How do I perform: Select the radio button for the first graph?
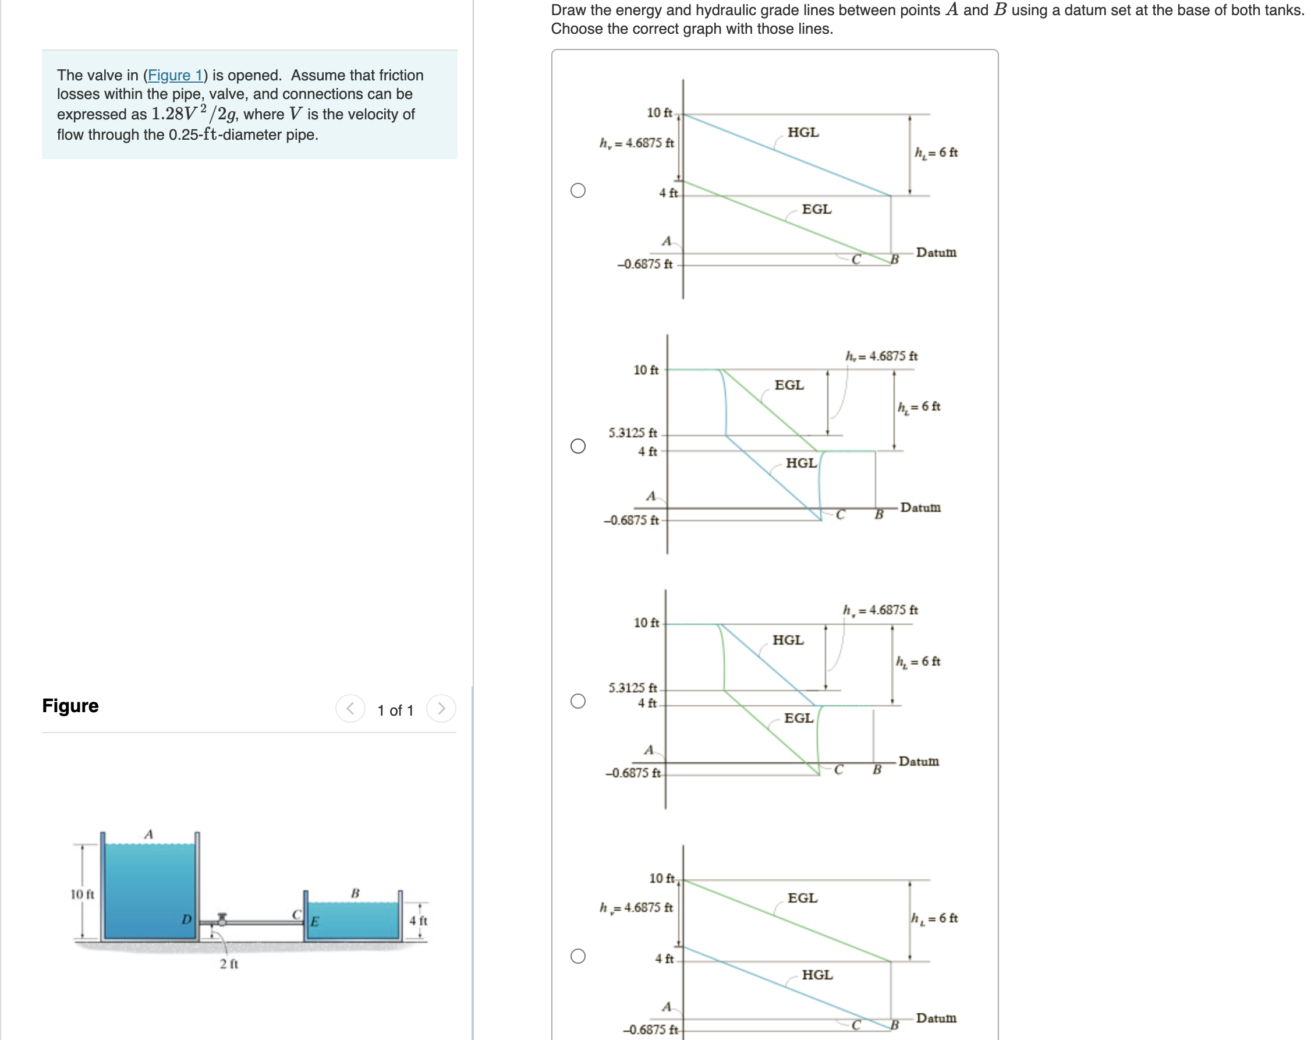pos(577,190)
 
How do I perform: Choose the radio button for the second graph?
pos(577,446)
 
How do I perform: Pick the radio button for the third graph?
pos(577,701)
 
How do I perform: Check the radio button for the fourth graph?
pos(577,956)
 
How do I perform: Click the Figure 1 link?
pos(175,76)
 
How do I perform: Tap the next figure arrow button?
pos(441,709)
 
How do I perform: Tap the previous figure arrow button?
pos(350,709)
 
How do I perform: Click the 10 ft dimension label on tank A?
pos(82,894)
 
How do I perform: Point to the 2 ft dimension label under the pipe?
pos(229,964)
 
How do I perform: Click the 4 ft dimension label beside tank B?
pos(419,920)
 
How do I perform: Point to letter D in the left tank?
pos(187,919)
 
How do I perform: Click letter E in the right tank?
pos(315,921)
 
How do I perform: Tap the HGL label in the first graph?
pos(803,132)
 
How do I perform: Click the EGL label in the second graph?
pos(789,385)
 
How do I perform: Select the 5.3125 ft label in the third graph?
pos(632,688)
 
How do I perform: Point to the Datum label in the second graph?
pos(920,507)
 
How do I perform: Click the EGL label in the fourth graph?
pos(802,898)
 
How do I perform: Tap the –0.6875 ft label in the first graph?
pos(644,264)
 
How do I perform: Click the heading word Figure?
pos(70,706)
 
